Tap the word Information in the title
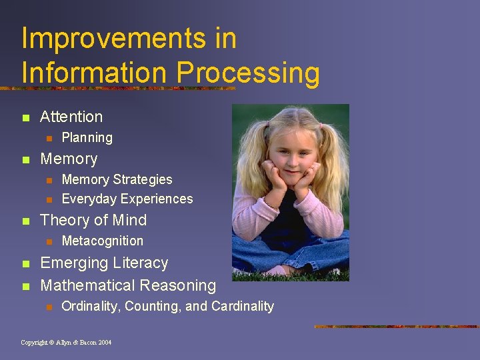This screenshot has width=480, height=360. tap(93, 73)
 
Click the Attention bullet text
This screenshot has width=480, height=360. tap(71, 117)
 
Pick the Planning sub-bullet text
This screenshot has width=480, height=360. tap(87, 138)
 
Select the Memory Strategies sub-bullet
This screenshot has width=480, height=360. tap(117, 179)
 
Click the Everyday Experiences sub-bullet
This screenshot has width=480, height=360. tap(127, 199)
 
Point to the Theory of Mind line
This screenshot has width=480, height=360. tap(93, 220)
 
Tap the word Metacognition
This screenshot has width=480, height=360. tap(102, 241)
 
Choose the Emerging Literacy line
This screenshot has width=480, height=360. tap(104, 263)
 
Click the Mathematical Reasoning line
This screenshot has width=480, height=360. tap(128, 285)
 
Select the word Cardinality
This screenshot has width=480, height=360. tap(243, 306)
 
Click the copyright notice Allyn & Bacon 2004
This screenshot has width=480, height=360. tap(66, 342)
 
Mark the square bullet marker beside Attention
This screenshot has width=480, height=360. tap(25, 118)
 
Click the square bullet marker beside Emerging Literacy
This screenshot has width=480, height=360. tap(25, 264)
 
